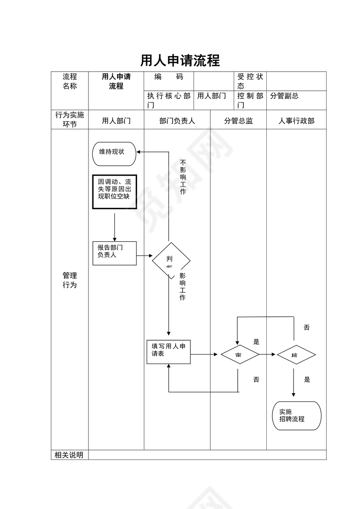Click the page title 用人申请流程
tap(180, 60)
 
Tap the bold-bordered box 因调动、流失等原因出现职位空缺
tap(115, 191)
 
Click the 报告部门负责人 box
tap(115, 253)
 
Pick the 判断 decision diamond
tap(171, 260)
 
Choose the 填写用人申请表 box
tap(168, 351)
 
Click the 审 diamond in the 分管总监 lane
tap(239, 355)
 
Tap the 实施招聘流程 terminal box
tap(297, 416)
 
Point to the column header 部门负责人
tap(177, 121)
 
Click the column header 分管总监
tap(239, 121)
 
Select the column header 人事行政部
tap(296, 121)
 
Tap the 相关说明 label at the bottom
tap(69, 455)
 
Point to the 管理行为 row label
tap(70, 280)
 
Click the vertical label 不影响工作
tap(183, 177)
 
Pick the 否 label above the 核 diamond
tap(307, 328)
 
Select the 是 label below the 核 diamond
tap(307, 380)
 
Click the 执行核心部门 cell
tap(169, 100)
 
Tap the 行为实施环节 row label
tap(70, 119)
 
